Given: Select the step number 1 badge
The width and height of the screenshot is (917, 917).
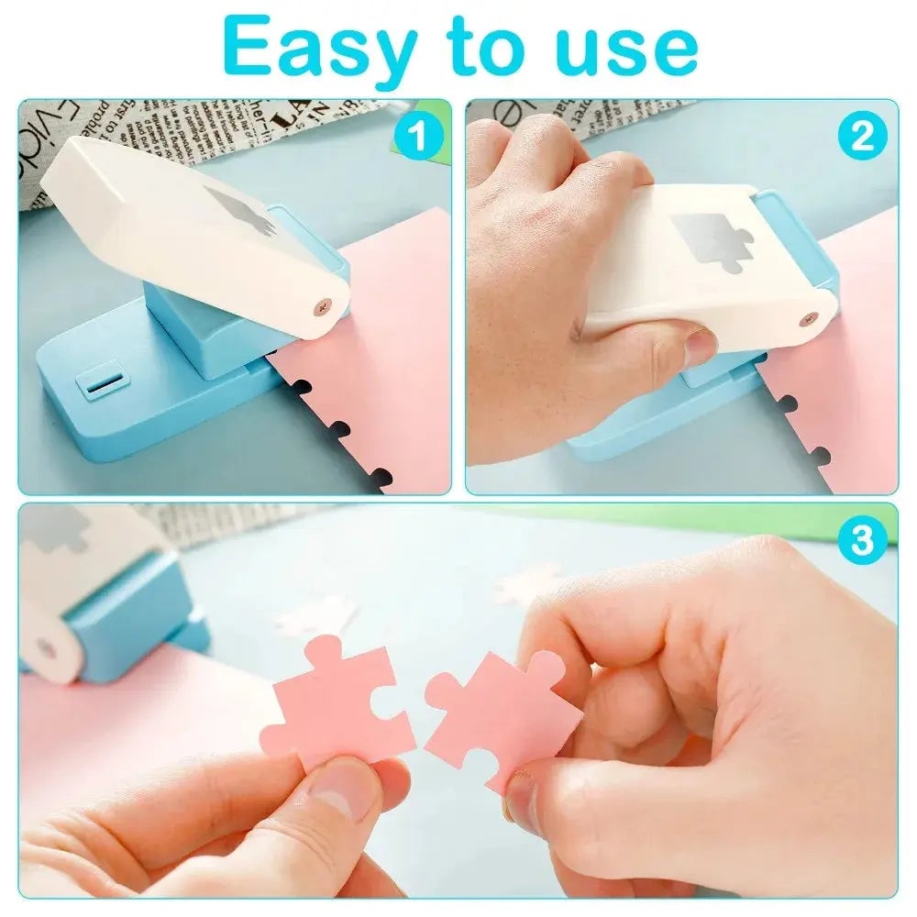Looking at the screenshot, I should (x=417, y=138).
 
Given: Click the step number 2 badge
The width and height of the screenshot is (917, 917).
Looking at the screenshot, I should (x=863, y=137).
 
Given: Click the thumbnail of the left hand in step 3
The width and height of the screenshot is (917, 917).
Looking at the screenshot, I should (x=346, y=790).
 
